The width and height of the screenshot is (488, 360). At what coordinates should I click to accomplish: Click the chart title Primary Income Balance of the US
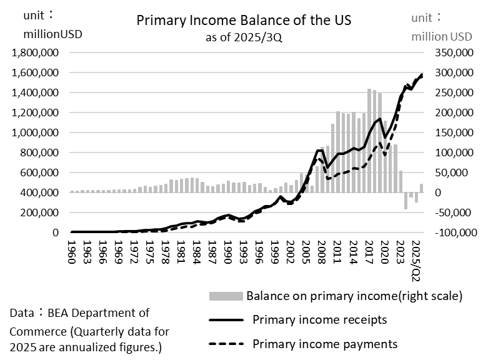point(244,20)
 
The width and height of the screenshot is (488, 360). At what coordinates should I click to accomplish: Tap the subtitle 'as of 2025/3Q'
point(244,37)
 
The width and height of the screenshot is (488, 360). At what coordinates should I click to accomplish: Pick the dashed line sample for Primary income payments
point(226,344)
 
